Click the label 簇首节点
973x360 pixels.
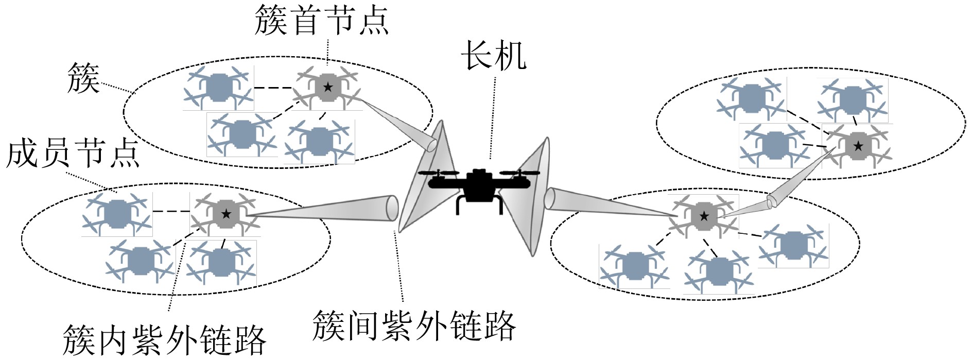[321, 21]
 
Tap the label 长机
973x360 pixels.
[493, 56]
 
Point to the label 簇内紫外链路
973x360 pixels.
[164, 339]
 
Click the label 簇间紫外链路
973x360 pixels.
[414, 325]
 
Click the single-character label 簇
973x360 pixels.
[83, 79]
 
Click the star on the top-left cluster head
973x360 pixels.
[328, 87]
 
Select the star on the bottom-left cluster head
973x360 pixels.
[226, 214]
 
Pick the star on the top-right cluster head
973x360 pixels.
[858, 147]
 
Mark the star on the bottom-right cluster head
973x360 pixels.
[704, 216]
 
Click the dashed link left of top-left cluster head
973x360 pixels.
[273, 88]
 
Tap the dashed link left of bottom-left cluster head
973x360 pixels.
[171, 211]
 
